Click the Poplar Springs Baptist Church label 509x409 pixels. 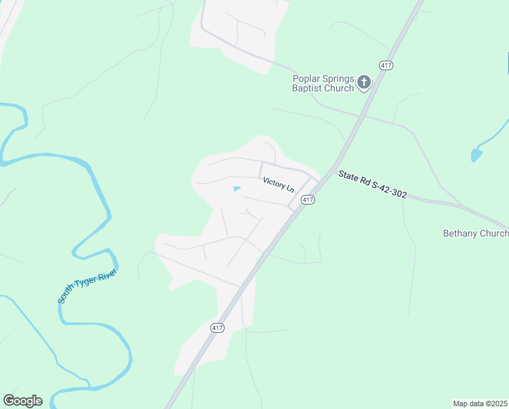pyautogui.click(x=323, y=83)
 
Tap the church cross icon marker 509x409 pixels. pyautogui.click(x=364, y=83)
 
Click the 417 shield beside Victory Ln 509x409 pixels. pyautogui.click(x=308, y=200)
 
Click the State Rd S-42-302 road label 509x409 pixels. pyautogui.click(x=373, y=185)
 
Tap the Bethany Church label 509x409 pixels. pyautogui.click(x=476, y=233)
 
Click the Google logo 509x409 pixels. pyautogui.click(x=22, y=400)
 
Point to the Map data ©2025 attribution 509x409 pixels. pyautogui.click(x=480, y=403)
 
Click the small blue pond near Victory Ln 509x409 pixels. pyautogui.click(x=236, y=188)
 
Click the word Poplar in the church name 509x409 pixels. pyautogui.click(x=307, y=78)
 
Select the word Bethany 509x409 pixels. pyautogui.click(x=461, y=233)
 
